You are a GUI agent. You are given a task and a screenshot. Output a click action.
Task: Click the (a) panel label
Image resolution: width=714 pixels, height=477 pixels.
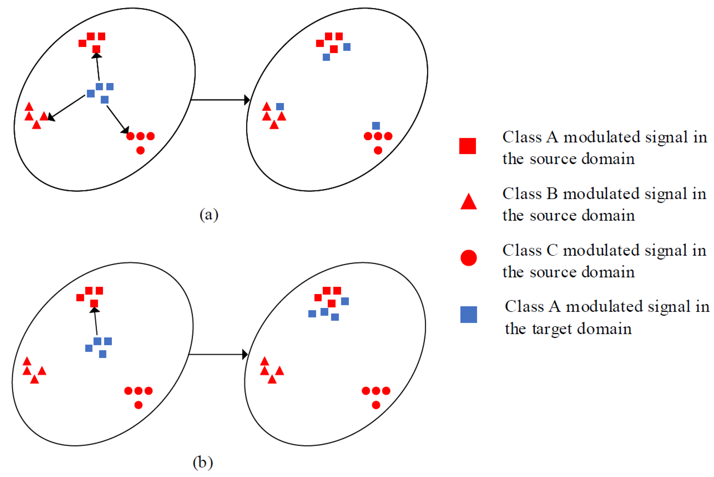click(x=209, y=215)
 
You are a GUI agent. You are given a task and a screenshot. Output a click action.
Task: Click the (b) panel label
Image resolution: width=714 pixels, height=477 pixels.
click(x=202, y=462)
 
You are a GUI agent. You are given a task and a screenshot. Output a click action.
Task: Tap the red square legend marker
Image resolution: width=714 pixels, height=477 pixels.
click(x=467, y=146)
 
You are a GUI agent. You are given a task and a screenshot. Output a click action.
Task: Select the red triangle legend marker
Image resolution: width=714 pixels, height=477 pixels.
click(x=468, y=202)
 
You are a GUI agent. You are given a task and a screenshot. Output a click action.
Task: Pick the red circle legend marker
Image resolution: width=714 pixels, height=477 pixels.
click(x=468, y=258)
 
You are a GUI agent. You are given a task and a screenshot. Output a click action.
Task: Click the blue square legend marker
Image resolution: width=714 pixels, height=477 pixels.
click(x=468, y=314)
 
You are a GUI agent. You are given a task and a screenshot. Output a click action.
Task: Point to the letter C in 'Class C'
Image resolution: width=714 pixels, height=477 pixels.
click(x=552, y=250)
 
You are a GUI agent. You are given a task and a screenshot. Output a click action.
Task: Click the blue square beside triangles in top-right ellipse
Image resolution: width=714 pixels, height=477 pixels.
click(x=280, y=107)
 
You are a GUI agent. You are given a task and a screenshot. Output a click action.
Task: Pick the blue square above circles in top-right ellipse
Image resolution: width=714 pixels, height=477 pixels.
click(x=376, y=126)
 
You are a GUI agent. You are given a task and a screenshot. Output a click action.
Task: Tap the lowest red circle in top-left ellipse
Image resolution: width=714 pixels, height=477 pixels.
click(x=140, y=150)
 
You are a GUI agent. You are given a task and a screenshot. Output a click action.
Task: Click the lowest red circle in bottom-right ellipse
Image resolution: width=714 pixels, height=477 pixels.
click(x=376, y=405)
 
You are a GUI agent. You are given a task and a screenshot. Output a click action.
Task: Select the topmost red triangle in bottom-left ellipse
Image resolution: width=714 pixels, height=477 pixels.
click(x=27, y=361)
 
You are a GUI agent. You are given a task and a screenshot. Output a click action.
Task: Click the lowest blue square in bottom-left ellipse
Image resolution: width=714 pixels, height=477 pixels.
click(x=103, y=354)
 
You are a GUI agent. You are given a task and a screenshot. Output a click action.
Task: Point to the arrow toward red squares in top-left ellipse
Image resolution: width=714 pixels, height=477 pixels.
click(x=98, y=67)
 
